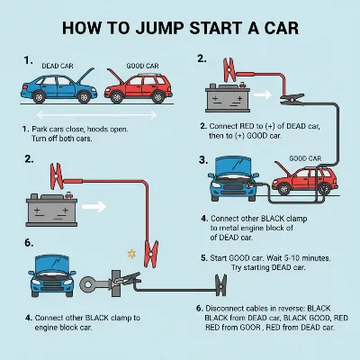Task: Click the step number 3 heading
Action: [x=203, y=159]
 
